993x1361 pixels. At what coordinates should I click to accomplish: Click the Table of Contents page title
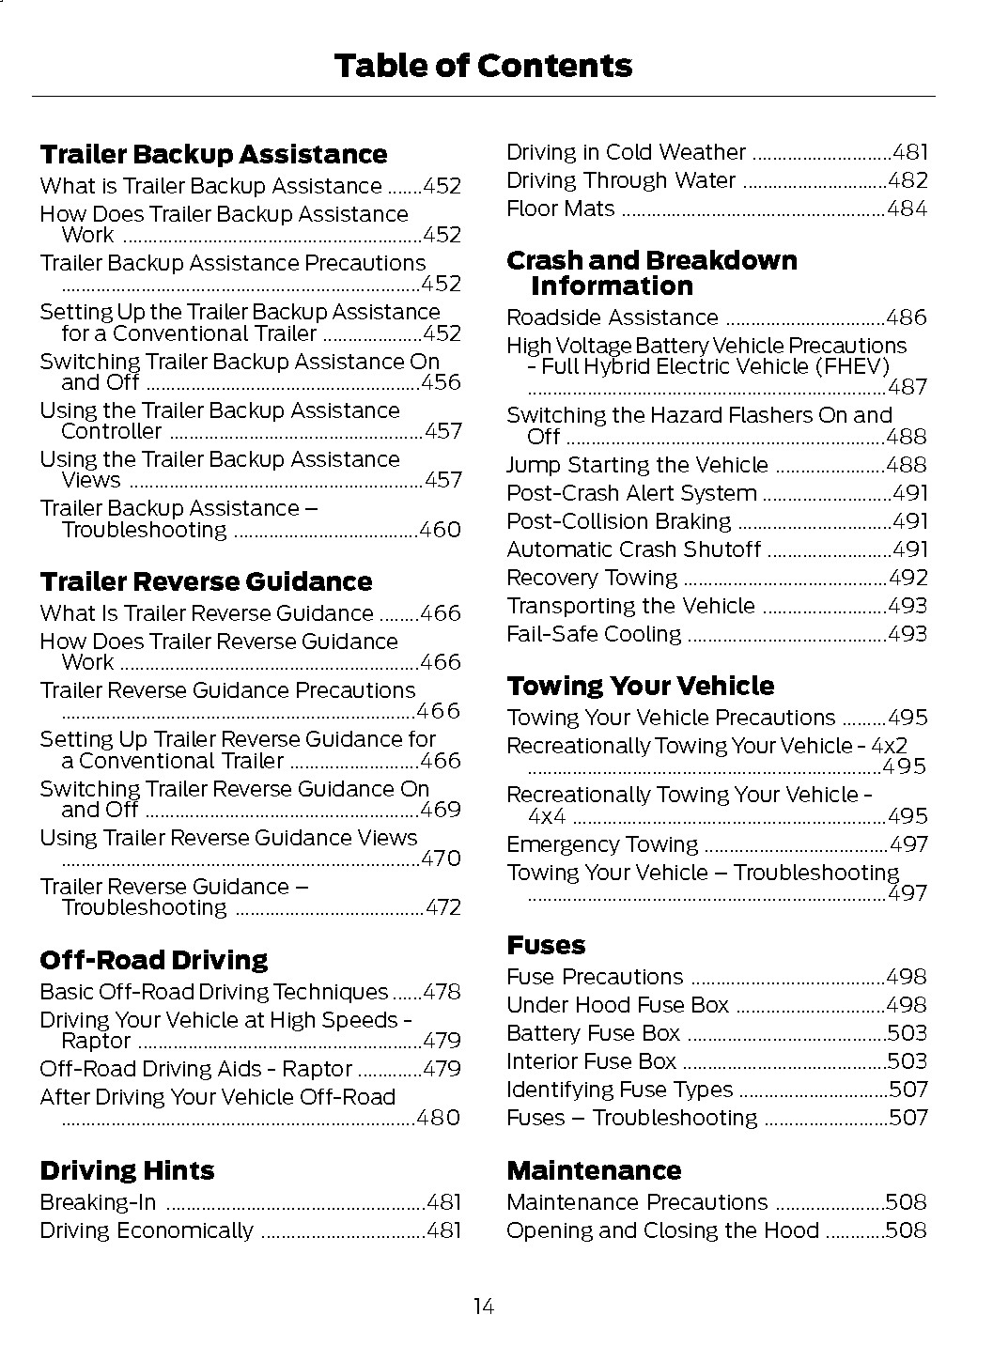pos(483,66)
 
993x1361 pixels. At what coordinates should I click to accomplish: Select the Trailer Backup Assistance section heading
pos(213,155)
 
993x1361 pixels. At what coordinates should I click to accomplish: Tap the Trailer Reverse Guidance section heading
pos(206,582)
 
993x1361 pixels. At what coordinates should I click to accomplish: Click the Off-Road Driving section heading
pos(154,961)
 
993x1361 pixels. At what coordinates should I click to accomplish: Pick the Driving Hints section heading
pos(127,1171)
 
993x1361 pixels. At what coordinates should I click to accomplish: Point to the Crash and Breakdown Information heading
pos(651,273)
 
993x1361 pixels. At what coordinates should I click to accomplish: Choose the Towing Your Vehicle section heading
pos(640,687)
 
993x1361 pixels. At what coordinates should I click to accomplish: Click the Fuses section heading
pos(546,946)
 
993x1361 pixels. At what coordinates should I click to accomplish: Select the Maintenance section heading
pos(594,1171)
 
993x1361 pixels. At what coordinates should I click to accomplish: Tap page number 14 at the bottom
pos(483,1307)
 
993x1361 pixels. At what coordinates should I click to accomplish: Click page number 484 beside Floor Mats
pos(908,209)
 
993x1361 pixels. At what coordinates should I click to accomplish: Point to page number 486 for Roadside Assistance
pos(908,318)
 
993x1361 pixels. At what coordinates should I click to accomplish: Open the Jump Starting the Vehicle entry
pos(637,466)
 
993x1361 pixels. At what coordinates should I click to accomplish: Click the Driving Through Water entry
pos(621,181)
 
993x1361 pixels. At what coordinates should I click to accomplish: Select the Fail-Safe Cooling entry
pos(594,635)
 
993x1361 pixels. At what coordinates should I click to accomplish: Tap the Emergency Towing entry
pos(602,845)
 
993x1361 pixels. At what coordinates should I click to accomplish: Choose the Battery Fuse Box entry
pos(593,1034)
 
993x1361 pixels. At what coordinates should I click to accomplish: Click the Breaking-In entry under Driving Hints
pos(98,1203)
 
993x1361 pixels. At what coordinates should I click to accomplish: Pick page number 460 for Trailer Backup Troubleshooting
pos(441,531)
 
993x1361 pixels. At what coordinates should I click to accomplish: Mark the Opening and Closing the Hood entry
pos(662,1231)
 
